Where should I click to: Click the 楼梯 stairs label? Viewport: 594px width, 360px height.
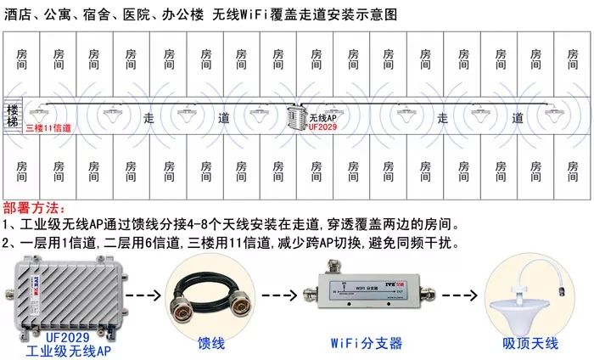pos(12,116)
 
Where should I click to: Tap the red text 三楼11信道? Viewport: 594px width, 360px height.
pos(48,128)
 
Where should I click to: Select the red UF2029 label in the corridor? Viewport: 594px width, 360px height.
pos(323,128)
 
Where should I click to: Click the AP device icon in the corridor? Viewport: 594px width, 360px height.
pos(295,118)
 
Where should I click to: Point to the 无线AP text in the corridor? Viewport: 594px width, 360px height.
pos(323,117)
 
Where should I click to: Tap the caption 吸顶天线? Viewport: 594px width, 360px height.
pos(530,343)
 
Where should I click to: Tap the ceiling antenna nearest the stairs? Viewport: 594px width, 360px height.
pos(37,111)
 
